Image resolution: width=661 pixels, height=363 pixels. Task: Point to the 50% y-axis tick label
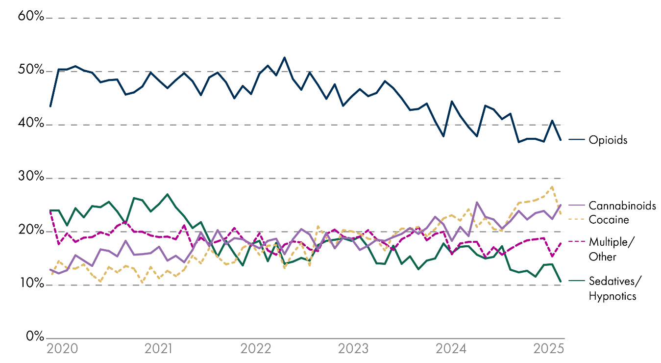(31, 71)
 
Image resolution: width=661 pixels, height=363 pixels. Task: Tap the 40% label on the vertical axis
(31, 124)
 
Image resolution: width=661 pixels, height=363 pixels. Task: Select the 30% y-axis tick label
(31, 178)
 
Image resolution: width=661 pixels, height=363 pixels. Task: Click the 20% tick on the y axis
(31, 231)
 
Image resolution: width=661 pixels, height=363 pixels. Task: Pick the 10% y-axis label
(31, 284)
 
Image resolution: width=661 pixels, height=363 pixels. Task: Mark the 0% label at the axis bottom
(34, 337)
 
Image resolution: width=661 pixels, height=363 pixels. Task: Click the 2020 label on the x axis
(62, 349)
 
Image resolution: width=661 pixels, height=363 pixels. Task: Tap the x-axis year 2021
(159, 349)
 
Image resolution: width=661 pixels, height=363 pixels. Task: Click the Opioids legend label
(608, 140)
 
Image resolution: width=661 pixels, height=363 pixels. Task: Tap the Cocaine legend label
(609, 219)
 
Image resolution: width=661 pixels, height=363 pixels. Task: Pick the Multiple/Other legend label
(609, 249)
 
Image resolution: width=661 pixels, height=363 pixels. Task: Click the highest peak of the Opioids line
(285, 57)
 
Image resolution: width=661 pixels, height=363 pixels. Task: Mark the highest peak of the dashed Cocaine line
(553, 186)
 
